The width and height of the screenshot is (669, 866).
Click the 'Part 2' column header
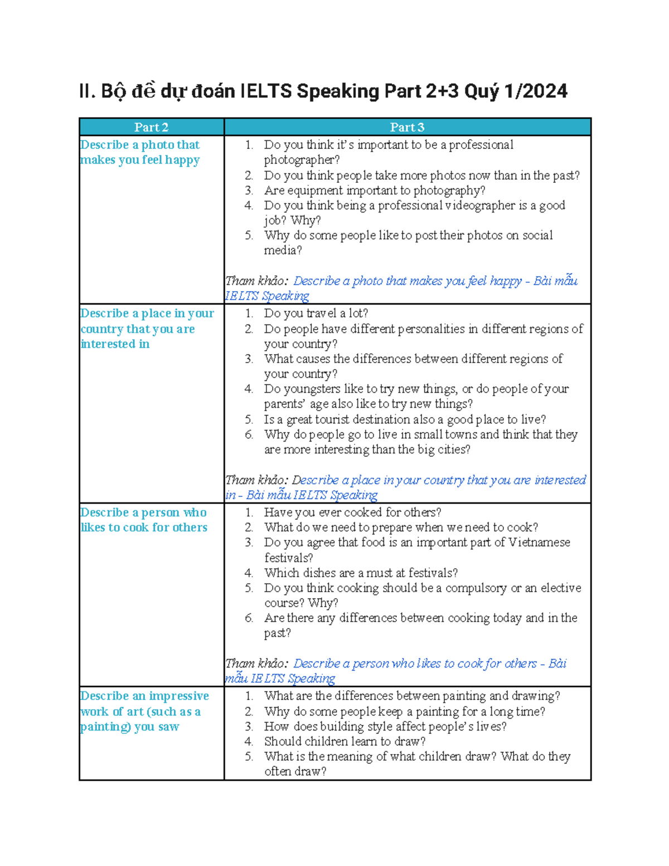[x=151, y=127]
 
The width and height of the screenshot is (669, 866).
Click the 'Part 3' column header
[x=407, y=127]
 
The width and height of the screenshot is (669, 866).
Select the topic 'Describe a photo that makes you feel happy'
[x=140, y=152]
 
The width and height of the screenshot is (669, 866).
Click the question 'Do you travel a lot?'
[x=316, y=313]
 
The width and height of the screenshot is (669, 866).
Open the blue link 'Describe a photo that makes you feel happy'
[x=407, y=281]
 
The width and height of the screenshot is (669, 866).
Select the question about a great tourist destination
[x=405, y=419]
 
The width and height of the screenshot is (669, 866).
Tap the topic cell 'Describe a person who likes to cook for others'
[x=144, y=520]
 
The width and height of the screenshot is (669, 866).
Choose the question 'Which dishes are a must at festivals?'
[x=361, y=573]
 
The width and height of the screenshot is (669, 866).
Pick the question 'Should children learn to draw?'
[x=345, y=741]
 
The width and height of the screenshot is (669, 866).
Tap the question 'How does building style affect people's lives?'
[x=385, y=726]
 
